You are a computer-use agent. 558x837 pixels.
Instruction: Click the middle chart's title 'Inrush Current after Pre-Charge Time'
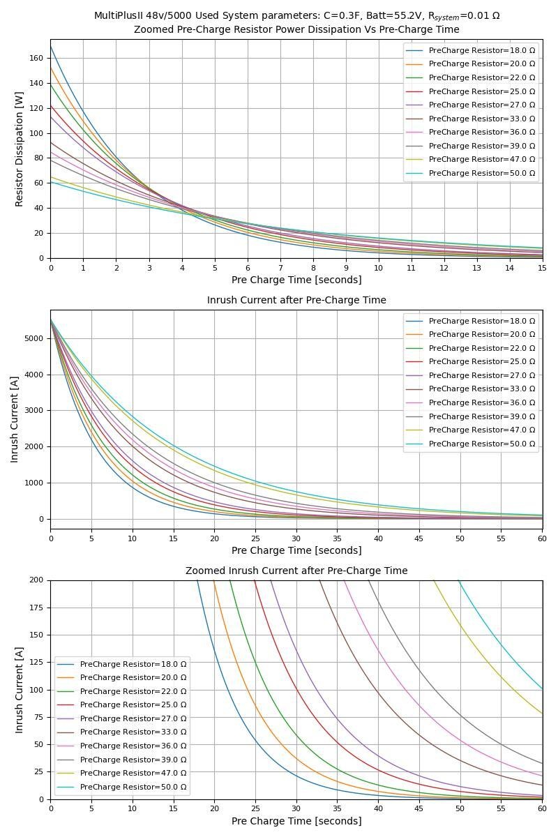pyautogui.click(x=296, y=300)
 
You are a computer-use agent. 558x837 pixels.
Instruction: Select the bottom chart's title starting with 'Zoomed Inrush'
pyautogui.click(x=296, y=571)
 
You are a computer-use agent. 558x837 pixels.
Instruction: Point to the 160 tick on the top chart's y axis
pyautogui.click(x=37, y=58)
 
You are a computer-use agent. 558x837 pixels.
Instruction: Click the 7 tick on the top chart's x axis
pyautogui.click(x=280, y=267)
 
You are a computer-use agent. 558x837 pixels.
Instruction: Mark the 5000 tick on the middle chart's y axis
pyautogui.click(x=33, y=339)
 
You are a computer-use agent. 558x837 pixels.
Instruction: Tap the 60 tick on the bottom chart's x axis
pyautogui.click(x=542, y=808)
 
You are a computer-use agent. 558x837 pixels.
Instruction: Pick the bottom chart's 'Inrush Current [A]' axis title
pyautogui.click(x=20, y=690)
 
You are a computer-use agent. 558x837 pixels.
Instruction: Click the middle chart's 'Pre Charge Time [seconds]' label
pyautogui.click(x=296, y=550)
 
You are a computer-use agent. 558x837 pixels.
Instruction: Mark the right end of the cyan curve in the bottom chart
pyautogui.click(x=542, y=689)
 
